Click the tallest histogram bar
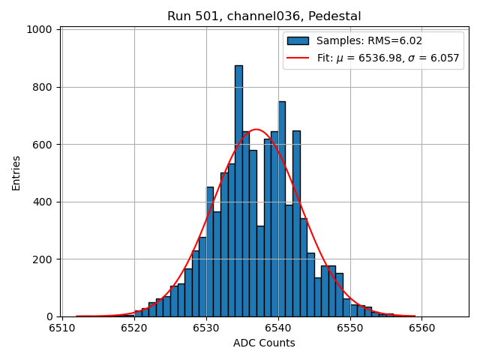(238, 191)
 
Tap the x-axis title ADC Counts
(264, 343)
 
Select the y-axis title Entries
(16, 173)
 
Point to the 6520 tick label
(134, 328)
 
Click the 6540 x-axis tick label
(278, 328)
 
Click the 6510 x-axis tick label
(62, 328)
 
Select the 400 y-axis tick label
(46, 202)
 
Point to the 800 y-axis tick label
(46, 87)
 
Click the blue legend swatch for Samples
(298, 40)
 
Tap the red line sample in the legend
(298, 58)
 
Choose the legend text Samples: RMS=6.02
(359, 40)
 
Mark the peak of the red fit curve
(256, 130)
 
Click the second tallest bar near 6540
(282, 210)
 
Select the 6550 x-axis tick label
(350, 328)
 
